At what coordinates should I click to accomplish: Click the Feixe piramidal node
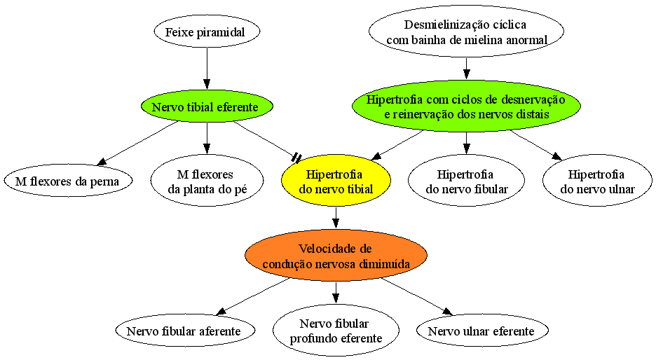(207, 32)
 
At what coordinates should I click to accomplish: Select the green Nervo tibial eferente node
(207, 106)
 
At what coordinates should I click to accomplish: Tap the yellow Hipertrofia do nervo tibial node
(336, 181)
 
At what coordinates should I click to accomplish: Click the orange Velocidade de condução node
(336, 256)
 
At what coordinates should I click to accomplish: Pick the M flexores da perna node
(68, 181)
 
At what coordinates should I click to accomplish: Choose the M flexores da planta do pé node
(207, 181)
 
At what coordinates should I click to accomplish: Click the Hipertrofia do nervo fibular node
(467, 181)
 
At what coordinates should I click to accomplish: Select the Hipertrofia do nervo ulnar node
(597, 181)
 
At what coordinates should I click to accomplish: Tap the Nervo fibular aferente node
(184, 331)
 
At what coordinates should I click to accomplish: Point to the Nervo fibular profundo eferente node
(336, 331)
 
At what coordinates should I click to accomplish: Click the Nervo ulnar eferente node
(482, 331)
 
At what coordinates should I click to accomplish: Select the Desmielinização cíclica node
(467, 32)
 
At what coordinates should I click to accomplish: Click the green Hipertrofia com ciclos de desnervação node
(467, 106)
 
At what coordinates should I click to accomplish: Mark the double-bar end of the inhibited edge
(296, 158)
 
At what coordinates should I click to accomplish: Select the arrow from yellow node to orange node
(336, 218)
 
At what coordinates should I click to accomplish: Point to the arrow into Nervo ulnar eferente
(417, 296)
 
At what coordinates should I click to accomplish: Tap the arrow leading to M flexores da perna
(137, 143)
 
